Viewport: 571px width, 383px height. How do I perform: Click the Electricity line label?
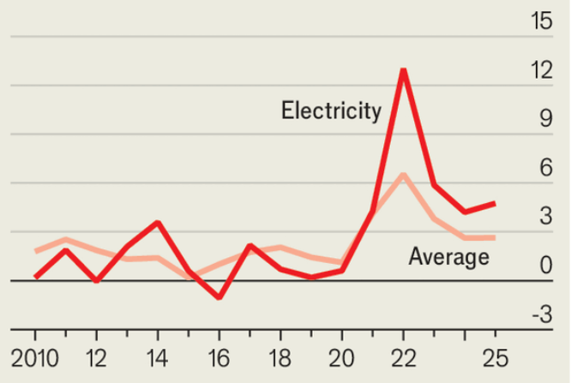point(331,111)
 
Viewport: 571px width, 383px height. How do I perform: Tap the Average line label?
point(448,256)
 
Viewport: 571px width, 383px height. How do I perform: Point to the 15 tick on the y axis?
point(541,21)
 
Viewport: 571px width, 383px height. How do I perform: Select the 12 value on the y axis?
point(541,70)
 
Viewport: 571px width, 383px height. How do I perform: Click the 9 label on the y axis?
point(545,119)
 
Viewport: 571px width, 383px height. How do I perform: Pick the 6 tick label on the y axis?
point(545,168)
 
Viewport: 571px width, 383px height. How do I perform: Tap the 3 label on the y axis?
point(545,217)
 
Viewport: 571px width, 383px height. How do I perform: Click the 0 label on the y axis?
point(545,266)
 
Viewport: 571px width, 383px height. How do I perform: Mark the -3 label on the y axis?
point(541,314)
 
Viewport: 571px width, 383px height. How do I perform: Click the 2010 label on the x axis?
point(35,356)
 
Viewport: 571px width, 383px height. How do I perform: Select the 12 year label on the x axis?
point(96,356)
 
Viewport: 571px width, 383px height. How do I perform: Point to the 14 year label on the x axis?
point(158,356)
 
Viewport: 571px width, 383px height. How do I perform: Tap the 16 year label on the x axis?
point(219,356)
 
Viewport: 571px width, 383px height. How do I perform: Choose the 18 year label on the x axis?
point(280,356)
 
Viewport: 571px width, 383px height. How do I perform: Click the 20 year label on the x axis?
point(341,356)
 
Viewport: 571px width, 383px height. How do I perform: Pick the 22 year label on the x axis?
point(403,356)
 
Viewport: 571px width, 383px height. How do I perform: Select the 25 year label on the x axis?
point(495,356)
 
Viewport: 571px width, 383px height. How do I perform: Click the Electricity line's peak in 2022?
point(403,69)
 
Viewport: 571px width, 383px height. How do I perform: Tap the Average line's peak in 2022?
point(403,175)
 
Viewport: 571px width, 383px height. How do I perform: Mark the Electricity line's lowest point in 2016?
point(219,297)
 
